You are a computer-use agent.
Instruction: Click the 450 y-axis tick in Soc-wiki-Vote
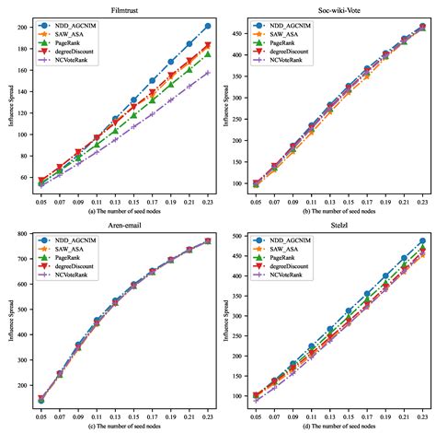click(243, 35)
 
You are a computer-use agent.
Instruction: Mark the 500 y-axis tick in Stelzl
click(243, 236)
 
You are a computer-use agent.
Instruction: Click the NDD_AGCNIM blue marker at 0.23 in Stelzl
click(422, 241)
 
